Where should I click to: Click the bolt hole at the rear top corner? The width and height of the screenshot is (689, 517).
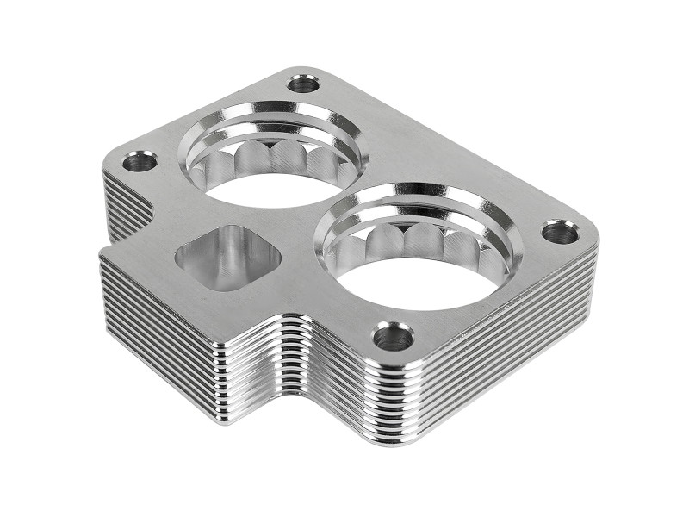(303, 84)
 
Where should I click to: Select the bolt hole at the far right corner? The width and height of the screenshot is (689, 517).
(560, 232)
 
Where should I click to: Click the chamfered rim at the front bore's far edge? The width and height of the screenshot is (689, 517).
(431, 194)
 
